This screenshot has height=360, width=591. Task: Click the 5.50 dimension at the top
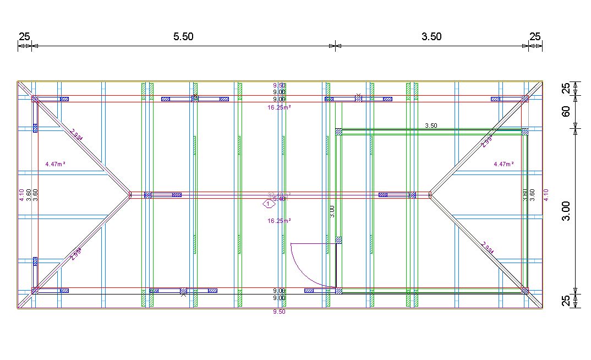183,37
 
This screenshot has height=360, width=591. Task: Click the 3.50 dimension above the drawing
431,37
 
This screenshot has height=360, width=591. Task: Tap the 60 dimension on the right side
565,112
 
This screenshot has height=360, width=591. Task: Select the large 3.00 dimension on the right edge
566,210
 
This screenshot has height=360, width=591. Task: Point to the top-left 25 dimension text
24,37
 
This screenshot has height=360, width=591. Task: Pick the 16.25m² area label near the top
279,108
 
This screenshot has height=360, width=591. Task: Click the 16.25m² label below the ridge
279,221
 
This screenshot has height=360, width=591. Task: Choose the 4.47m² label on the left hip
56,164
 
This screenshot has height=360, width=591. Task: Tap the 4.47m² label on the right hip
504,164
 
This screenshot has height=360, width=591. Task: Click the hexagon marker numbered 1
268,204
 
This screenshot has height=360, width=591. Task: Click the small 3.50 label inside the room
431,126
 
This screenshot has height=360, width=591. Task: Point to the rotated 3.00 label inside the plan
332,211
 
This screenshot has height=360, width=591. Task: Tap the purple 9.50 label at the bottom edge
280,312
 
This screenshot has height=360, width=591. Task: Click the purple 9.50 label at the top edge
280,85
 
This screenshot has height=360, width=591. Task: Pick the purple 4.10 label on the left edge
21,194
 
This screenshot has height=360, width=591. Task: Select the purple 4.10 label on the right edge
546,194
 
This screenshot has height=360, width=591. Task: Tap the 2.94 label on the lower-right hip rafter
488,248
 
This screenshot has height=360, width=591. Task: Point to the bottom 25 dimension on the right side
565,301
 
